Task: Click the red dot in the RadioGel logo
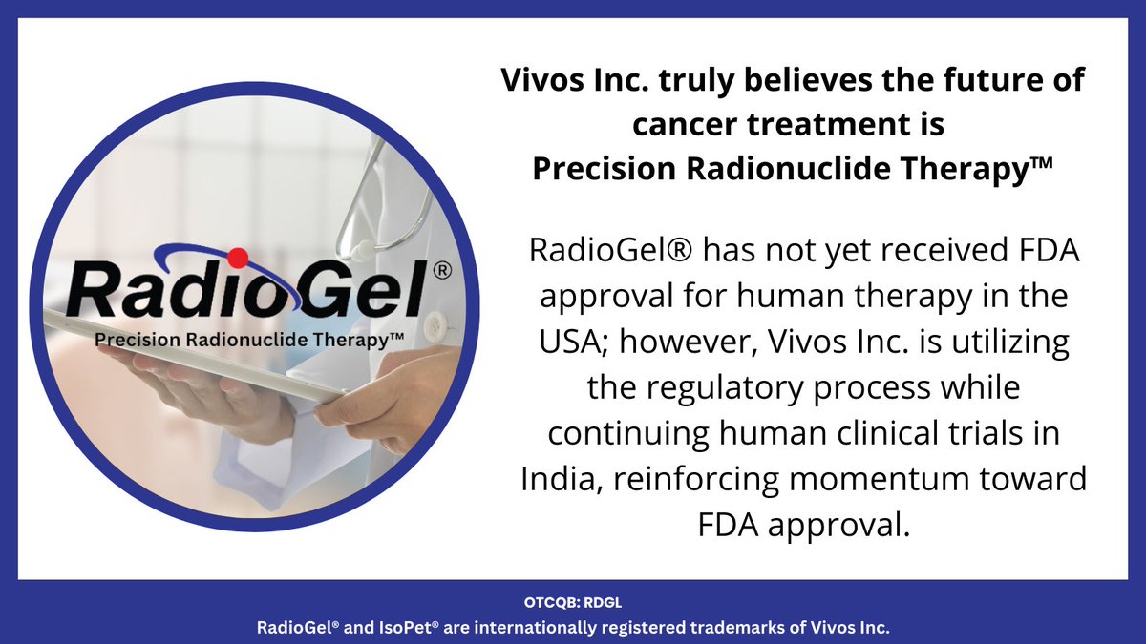[239, 256]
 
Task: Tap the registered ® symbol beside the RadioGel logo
[441, 272]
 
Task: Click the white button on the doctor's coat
[435, 321]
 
